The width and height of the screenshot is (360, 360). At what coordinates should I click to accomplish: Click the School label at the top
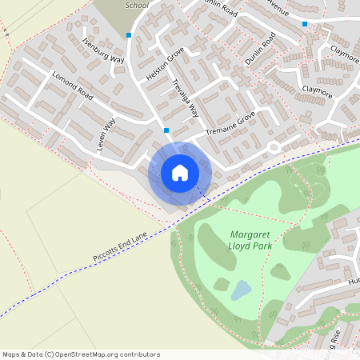[x=138, y=5]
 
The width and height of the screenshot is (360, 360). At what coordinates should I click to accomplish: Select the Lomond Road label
[x=73, y=86]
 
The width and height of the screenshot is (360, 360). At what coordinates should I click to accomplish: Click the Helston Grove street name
[x=165, y=65]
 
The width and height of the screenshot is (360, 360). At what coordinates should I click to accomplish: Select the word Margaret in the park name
[x=250, y=234]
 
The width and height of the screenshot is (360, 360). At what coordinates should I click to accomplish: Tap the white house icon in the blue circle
[x=180, y=172]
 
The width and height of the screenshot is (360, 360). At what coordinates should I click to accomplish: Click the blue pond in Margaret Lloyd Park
[x=240, y=290]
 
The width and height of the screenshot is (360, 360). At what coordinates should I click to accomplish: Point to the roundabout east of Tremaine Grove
[x=274, y=146]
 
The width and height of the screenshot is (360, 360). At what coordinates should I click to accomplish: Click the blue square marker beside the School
[x=129, y=35]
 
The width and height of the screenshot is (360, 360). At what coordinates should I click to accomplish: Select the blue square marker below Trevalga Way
[x=166, y=130]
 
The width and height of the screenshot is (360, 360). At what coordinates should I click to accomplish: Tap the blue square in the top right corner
[x=305, y=24]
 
